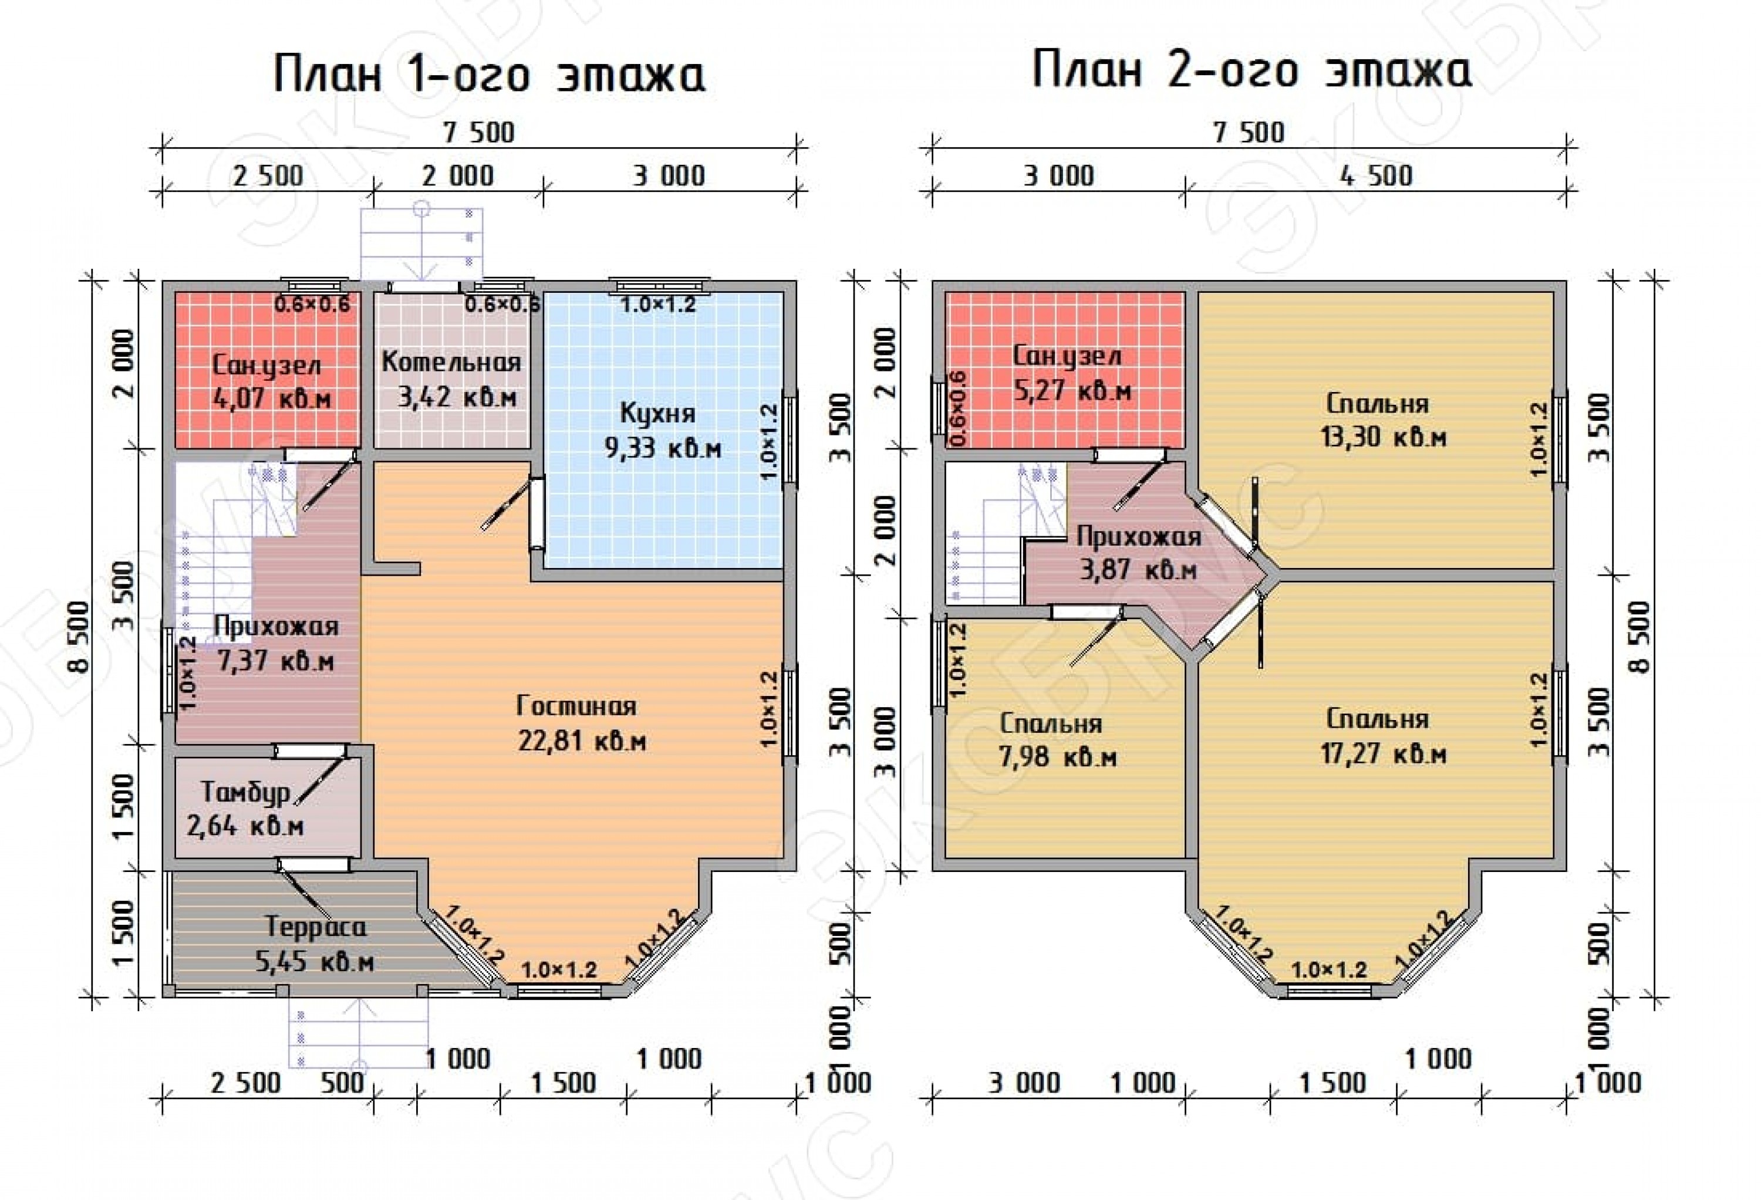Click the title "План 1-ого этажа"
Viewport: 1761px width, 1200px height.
point(490,75)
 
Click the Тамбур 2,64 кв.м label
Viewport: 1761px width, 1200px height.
point(245,809)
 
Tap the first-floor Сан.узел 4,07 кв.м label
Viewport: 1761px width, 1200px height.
point(271,382)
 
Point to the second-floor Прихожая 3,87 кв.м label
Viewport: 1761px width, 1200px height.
point(1139,552)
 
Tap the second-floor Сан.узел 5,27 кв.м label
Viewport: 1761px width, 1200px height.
point(1071,373)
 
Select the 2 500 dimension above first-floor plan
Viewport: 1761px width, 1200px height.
point(268,176)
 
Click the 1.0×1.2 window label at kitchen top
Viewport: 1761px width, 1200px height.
point(657,305)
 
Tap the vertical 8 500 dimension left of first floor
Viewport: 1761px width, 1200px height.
point(78,636)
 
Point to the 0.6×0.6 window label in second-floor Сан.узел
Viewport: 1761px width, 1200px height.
point(958,408)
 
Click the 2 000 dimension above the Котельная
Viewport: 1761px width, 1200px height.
point(458,176)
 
